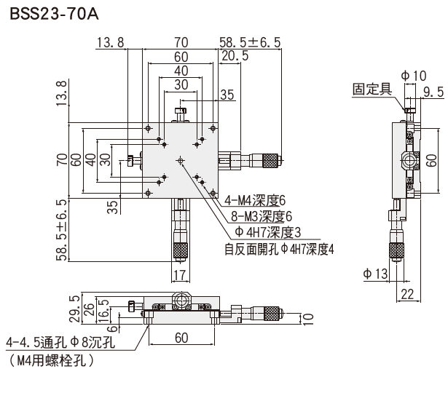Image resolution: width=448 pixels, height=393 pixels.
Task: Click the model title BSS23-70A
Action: coord(55,15)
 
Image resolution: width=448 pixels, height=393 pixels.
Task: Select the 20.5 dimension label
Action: coord(235,56)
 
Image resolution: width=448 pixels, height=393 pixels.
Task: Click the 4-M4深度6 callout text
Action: coord(255,201)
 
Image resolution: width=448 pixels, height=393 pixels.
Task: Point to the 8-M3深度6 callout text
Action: coord(262,217)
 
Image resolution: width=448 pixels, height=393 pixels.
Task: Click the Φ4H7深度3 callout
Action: coord(268,233)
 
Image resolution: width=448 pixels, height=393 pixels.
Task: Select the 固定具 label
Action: coord(372,89)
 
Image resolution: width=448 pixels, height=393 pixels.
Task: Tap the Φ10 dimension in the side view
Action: coord(414,76)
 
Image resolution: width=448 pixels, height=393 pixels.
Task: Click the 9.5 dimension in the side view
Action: coord(433,92)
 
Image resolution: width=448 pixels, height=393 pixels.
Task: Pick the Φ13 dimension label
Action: coord(375,274)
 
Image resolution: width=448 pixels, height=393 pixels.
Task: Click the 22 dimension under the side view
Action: coord(407,294)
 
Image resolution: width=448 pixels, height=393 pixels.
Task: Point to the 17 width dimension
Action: coord(180,275)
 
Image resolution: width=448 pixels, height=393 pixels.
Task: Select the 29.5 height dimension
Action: coord(75,309)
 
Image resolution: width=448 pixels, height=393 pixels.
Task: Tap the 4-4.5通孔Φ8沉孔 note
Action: coord(60,342)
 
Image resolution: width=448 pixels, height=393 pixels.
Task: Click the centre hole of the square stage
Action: coord(180,161)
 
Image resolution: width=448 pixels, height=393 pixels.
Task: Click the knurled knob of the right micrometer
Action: coord(270,161)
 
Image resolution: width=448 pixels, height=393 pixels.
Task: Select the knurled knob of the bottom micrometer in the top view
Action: coord(180,250)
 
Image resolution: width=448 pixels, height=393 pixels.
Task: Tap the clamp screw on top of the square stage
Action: coord(181,115)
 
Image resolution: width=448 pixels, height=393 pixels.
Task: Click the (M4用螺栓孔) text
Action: coord(52,360)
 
